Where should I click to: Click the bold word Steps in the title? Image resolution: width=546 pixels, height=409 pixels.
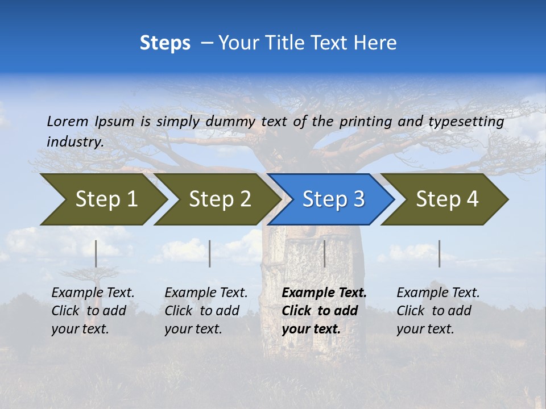(x=165, y=43)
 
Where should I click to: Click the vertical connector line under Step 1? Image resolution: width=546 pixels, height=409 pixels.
(x=96, y=253)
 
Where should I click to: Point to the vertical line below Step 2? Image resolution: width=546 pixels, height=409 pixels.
(x=210, y=253)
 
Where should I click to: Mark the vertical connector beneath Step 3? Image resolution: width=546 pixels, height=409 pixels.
(x=325, y=253)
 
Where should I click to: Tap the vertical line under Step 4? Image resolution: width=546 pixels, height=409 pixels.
(x=439, y=253)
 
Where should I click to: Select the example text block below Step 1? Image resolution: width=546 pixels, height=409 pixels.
(x=93, y=311)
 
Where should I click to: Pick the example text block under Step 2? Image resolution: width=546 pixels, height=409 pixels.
(x=206, y=311)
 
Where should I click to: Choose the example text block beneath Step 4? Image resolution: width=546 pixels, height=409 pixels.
(x=438, y=311)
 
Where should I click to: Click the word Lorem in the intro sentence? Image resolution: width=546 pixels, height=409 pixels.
(x=68, y=121)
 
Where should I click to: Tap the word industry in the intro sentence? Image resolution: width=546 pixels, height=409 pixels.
(x=75, y=141)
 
